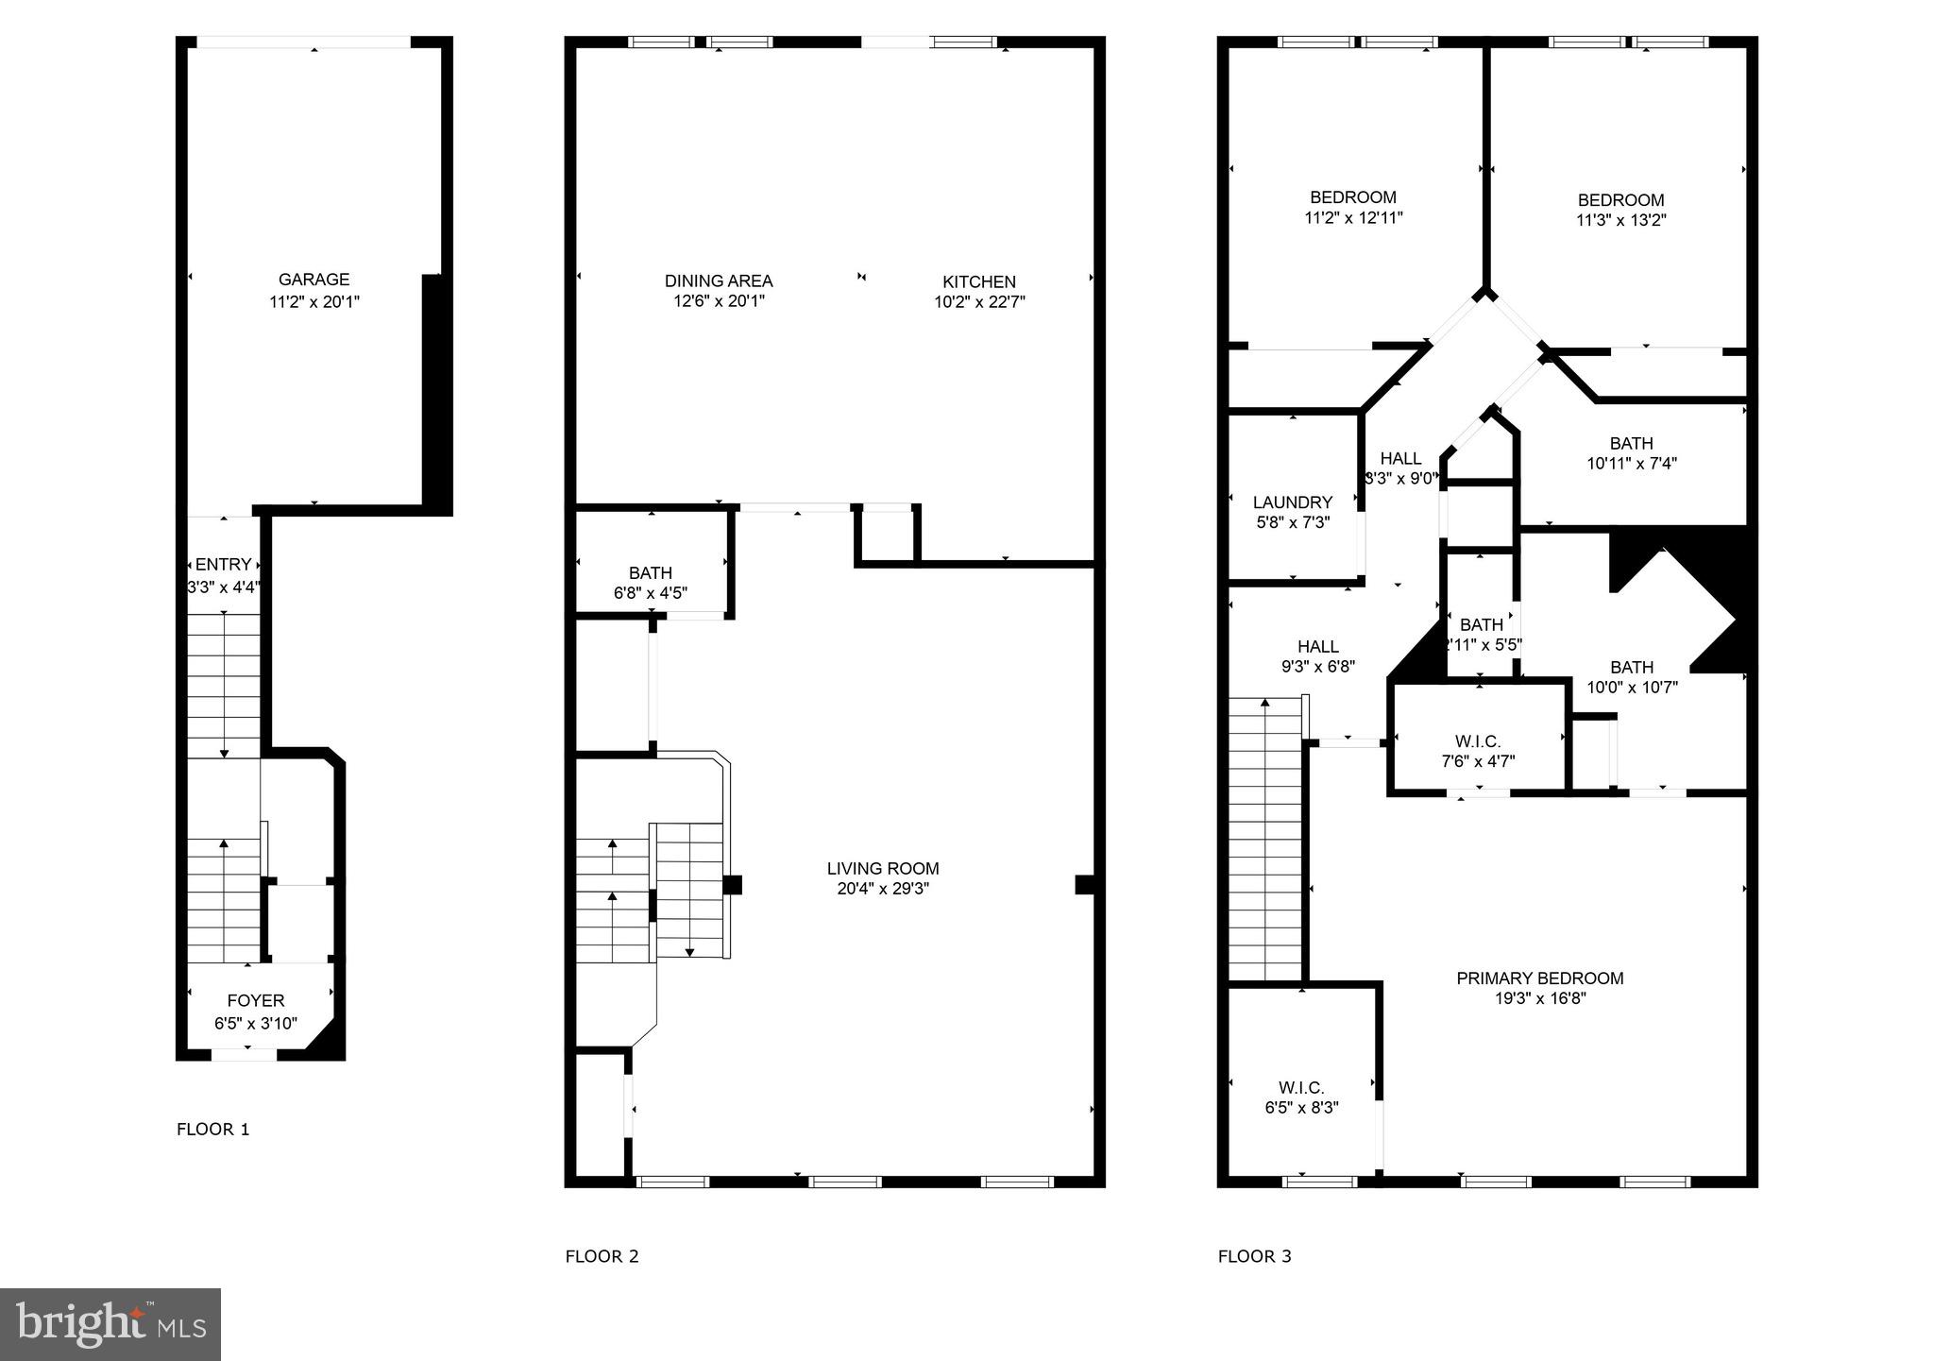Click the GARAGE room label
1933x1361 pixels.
pyautogui.click(x=314, y=280)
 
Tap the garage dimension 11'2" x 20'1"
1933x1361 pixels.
pyautogui.click(x=314, y=302)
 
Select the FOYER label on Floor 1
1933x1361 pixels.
pyautogui.click(x=255, y=1001)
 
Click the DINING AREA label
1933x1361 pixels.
pyautogui.click(x=719, y=281)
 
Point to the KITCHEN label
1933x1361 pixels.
pyautogui.click(x=979, y=281)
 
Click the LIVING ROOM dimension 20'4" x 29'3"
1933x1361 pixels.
pyautogui.click(x=883, y=889)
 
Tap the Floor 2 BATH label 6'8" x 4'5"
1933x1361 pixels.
pyautogui.click(x=651, y=573)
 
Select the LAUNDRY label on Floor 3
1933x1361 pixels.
pyautogui.click(x=1292, y=502)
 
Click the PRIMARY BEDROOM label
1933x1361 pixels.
pyautogui.click(x=1539, y=978)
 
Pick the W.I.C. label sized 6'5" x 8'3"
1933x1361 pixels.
pyautogui.click(x=1301, y=1088)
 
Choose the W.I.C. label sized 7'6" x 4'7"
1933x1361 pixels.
pyautogui.click(x=1478, y=741)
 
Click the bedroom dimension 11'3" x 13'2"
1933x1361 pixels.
pyautogui.click(x=1620, y=221)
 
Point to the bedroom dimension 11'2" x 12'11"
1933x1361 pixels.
pyautogui.click(x=1353, y=218)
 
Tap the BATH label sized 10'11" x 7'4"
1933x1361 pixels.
pyautogui.click(x=1631, y=443)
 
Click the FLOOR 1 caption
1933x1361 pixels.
pyautogui.click(x=213, y=1130)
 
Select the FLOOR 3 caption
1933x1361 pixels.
pyautogui.click(x=1254, y=1256)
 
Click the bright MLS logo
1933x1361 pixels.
pyautogui.click(x=110, y=1324)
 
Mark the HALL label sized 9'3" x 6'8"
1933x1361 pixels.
pyautogui.click(x=1317, y=647)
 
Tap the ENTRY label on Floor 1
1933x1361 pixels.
pyautogui.click(x=223, y=565)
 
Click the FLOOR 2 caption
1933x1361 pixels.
pyautogui.click(x=602, y=1256)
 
